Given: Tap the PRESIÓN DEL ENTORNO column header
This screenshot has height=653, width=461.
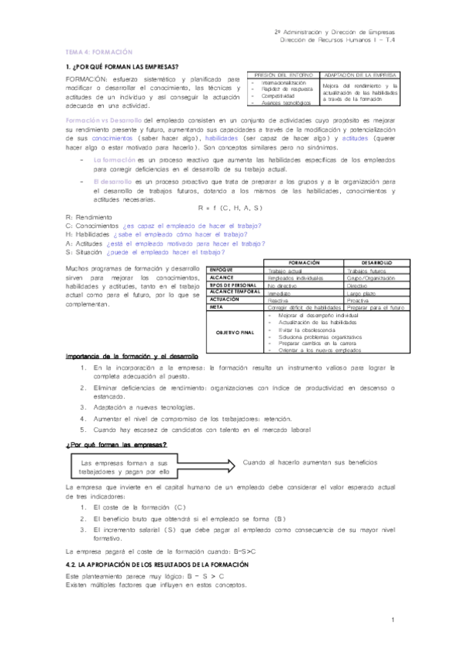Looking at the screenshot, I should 281,75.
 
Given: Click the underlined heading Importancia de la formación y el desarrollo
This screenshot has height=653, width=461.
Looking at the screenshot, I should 132,357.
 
